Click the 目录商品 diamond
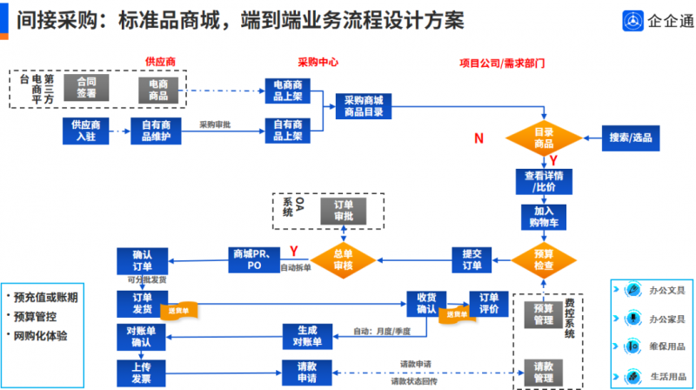point(543,138)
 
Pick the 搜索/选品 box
point(631,138)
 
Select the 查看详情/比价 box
point(543,181)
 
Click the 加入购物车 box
point(543,216)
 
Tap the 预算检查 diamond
point(543,259)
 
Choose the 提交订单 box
point(472,259)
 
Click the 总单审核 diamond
point(344,259)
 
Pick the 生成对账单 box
point(306,335)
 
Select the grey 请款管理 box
point(543,371)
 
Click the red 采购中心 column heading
point(317,63)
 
